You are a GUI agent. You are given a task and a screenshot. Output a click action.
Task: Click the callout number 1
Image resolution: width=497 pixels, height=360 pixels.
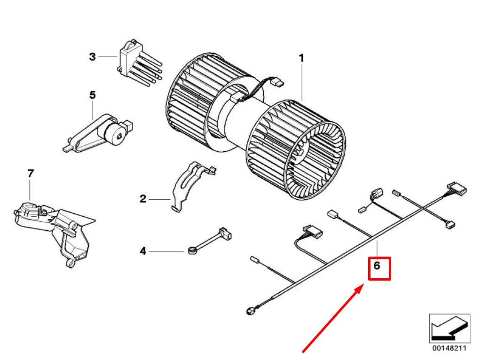tap(301, 58)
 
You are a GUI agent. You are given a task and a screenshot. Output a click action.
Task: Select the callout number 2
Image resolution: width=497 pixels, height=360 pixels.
tap(143, 199)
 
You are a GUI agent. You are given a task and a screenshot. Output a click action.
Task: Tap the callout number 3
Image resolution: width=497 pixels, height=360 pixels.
tap(93, 57)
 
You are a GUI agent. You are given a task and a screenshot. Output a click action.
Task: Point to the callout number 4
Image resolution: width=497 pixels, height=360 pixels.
tap(143, 251)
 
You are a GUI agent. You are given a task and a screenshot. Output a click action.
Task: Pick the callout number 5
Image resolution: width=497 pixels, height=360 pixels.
tap(92, 95)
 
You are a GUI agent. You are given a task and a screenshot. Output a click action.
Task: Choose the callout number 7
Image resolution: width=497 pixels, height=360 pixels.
tap(31, 173)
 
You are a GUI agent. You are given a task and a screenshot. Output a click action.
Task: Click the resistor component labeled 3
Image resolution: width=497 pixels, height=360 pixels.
tap(136, 63)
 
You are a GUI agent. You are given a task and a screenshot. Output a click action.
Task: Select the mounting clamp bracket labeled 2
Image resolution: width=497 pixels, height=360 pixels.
tap(190, 186)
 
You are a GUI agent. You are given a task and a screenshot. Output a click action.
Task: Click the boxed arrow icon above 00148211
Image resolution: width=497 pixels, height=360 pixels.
tap(449, 328)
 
